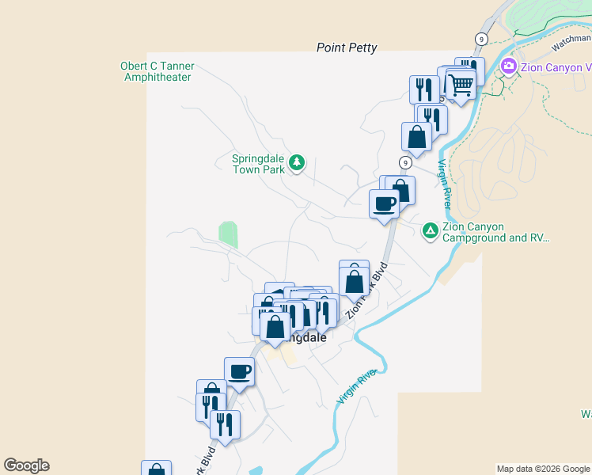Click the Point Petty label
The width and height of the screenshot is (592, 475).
pyautogui.click(x=347, y=47)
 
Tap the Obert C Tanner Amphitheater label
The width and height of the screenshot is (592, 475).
pyautogui.click(x=157, y=72)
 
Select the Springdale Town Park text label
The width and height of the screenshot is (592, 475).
pyautogui.click(x=258, y=164)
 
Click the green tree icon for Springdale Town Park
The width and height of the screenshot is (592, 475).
pyautogui.click(x=297, y=163)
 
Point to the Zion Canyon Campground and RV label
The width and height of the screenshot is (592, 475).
pyautogui.click(x=495, y=232)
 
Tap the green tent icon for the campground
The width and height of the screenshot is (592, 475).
pyautogui.click(x=430, y=230)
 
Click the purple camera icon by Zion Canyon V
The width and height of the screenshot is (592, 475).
pyautogui.click(x=508, y=66)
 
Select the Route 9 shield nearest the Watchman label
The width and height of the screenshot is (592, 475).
pyautogui.click(x=481, y=38)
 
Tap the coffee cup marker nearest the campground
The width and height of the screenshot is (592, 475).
pyautogui.click(x=385, y=203)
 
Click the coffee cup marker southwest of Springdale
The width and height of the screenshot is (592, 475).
pyautogui.click(x=239, y=370)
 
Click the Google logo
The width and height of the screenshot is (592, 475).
pyautogui.click(x=26, y=465)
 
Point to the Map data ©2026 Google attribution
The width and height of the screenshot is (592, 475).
pyautogui.click(x=543, y=469)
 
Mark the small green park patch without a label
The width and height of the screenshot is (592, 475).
pyautogui.click(x=228, y=234)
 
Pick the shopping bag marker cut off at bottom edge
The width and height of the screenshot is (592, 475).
pyautogui.click(x=156, y=469)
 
